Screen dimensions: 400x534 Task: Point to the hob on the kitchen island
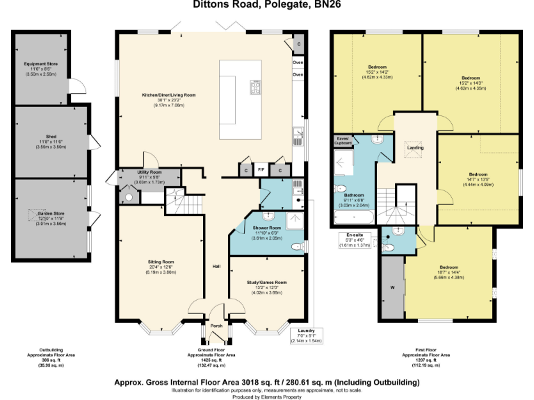(255, 87)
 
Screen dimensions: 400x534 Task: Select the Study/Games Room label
(266, 283)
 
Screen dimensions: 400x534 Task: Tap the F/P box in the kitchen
(261, 169)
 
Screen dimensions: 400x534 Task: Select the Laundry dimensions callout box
(307, 336)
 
